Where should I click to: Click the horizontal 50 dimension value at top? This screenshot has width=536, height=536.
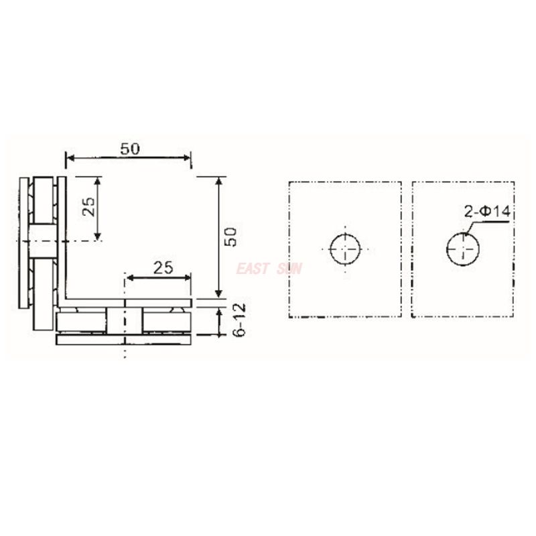130,149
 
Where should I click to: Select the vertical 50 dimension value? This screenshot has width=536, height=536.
230,237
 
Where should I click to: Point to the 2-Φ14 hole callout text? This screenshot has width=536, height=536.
487,212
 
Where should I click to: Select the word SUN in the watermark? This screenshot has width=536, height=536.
289,269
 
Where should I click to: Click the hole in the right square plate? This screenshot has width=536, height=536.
462,250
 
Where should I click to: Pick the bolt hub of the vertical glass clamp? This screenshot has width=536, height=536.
42,241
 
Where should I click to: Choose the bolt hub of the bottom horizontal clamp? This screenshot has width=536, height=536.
125,321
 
